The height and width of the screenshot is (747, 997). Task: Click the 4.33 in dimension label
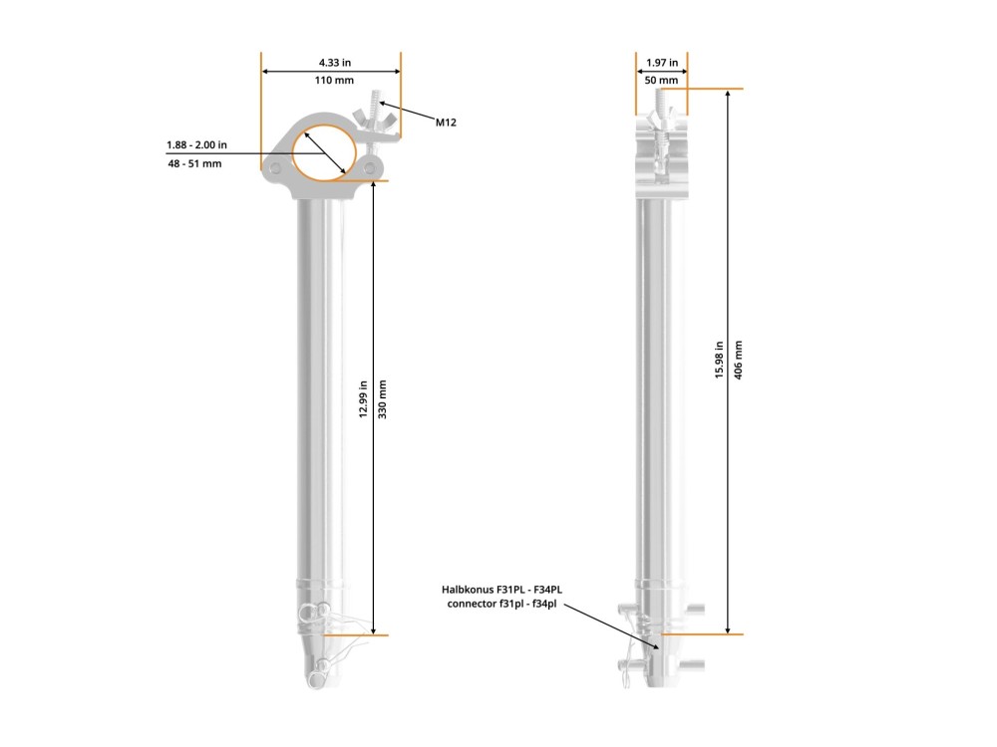point(334,62)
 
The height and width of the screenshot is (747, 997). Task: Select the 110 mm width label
point(334,80)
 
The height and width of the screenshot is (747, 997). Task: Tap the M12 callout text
point(446,122)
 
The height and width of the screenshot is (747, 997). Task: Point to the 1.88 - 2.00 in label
point(196,144)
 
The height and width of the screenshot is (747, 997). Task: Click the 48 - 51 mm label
point(194,163)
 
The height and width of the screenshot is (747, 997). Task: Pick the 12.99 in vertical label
point(363,399)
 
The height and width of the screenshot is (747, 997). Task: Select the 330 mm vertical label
point(382,399)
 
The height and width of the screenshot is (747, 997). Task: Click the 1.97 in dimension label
point(662,62)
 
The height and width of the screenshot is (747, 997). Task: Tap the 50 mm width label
point(661,80)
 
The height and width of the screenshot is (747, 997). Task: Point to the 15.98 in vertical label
point(719,361)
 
